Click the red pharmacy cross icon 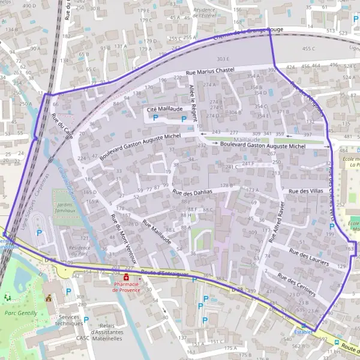point(127,278)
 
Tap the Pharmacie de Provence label point(126,287)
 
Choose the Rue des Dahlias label point(193,192)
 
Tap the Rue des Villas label point(305,191)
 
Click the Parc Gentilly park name point(21,313)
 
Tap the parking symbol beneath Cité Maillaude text point(155,119)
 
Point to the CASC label point(83,338)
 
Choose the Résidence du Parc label point(79,250)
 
